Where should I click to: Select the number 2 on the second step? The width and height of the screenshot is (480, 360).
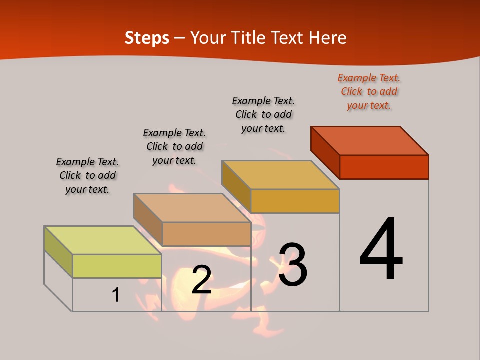(201, 279)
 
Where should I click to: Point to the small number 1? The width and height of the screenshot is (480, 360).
(116, 295)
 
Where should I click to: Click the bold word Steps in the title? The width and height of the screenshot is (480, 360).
(147, 38)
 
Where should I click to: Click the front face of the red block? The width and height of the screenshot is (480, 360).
(384, 167)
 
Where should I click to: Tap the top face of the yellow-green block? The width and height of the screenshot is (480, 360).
(103, 240)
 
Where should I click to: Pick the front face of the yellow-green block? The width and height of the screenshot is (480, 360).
(117, 266)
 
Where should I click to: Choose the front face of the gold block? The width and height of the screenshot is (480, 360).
(295, 201)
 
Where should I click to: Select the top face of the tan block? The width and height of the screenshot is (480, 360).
(192, 208)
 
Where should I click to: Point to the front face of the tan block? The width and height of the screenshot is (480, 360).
(206, 234)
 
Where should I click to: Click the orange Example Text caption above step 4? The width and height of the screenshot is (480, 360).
(369, 91)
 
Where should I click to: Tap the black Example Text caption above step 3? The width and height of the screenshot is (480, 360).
(263, 114)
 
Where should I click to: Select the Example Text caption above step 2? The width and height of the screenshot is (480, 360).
(174, 146)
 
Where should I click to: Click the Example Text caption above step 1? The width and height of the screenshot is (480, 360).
(87, 175)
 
